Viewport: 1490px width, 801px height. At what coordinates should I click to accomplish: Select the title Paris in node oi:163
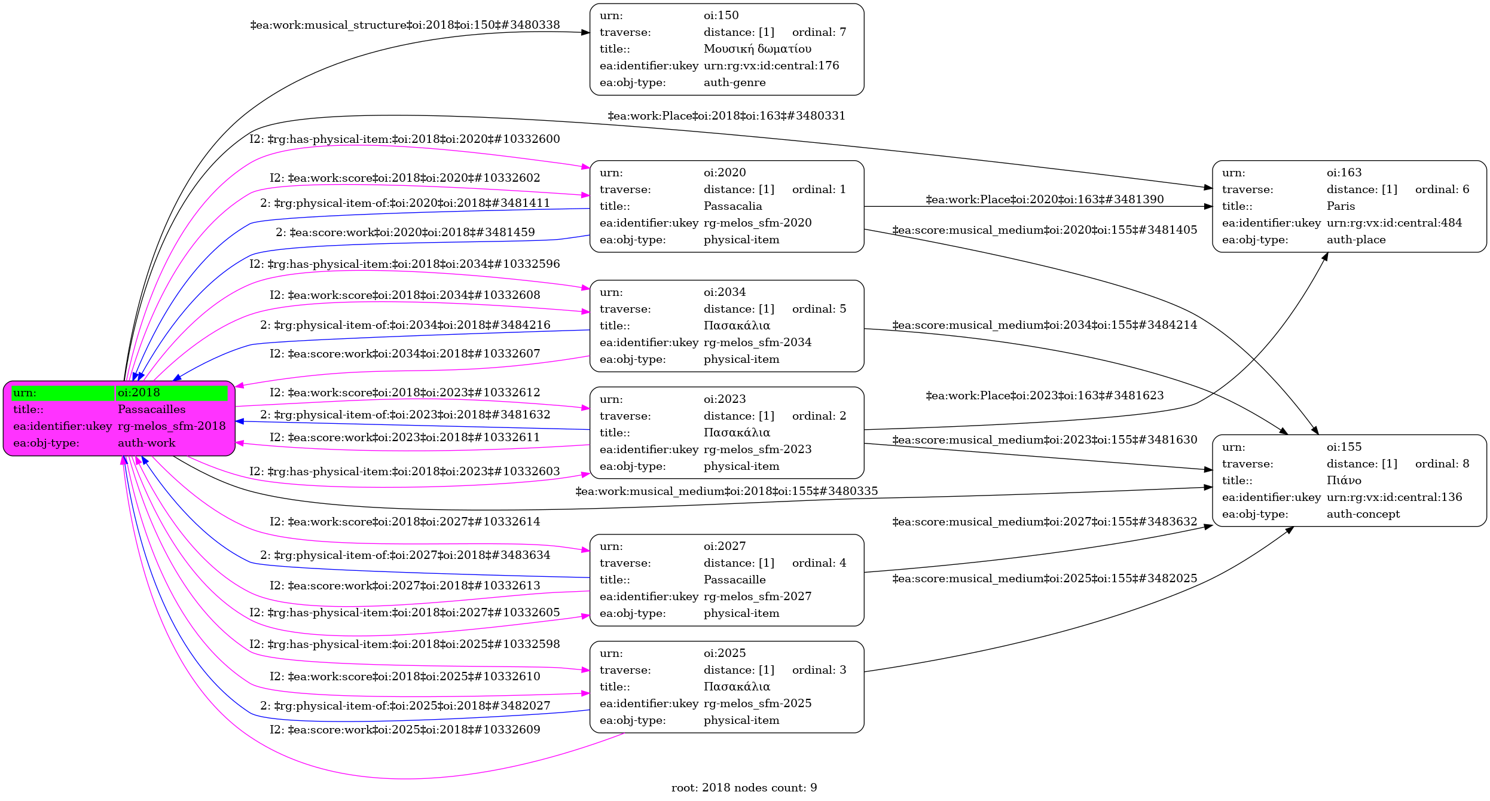[1341, 206]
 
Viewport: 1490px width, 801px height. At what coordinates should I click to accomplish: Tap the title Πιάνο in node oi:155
[1344, 481]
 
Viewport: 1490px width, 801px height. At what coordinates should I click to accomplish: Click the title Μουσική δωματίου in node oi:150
[757, 49]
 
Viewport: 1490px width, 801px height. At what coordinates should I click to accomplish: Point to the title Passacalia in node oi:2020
[732, 206]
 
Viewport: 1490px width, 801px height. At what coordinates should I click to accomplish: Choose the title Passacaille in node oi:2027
[734, 580]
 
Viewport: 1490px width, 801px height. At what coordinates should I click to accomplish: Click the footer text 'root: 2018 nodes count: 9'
[744, 788]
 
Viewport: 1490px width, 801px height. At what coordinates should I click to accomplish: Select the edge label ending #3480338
[405, 25]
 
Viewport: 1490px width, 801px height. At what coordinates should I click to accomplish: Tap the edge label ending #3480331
[726, 116]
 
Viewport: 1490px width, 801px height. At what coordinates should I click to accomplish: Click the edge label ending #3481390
[1045, 200]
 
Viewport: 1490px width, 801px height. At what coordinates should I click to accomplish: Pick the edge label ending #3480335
[726, 491]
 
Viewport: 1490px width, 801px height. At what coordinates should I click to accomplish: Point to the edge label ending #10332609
[405, 730]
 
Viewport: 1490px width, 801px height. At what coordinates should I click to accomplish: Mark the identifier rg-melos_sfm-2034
[758, 343]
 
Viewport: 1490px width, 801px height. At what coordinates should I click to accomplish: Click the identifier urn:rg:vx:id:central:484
[1394, 223]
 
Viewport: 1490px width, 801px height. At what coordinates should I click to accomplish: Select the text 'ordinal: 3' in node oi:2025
[819, 670]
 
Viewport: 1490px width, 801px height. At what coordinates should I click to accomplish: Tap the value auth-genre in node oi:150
[734, 82]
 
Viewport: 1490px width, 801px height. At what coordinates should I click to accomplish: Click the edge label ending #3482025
[1045, 579]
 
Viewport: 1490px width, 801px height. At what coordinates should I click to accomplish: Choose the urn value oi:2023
[725, 399]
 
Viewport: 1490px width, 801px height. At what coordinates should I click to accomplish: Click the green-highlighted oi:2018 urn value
[139, 393]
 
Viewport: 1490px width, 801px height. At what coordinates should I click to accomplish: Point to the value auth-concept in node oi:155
[1363, 514]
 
